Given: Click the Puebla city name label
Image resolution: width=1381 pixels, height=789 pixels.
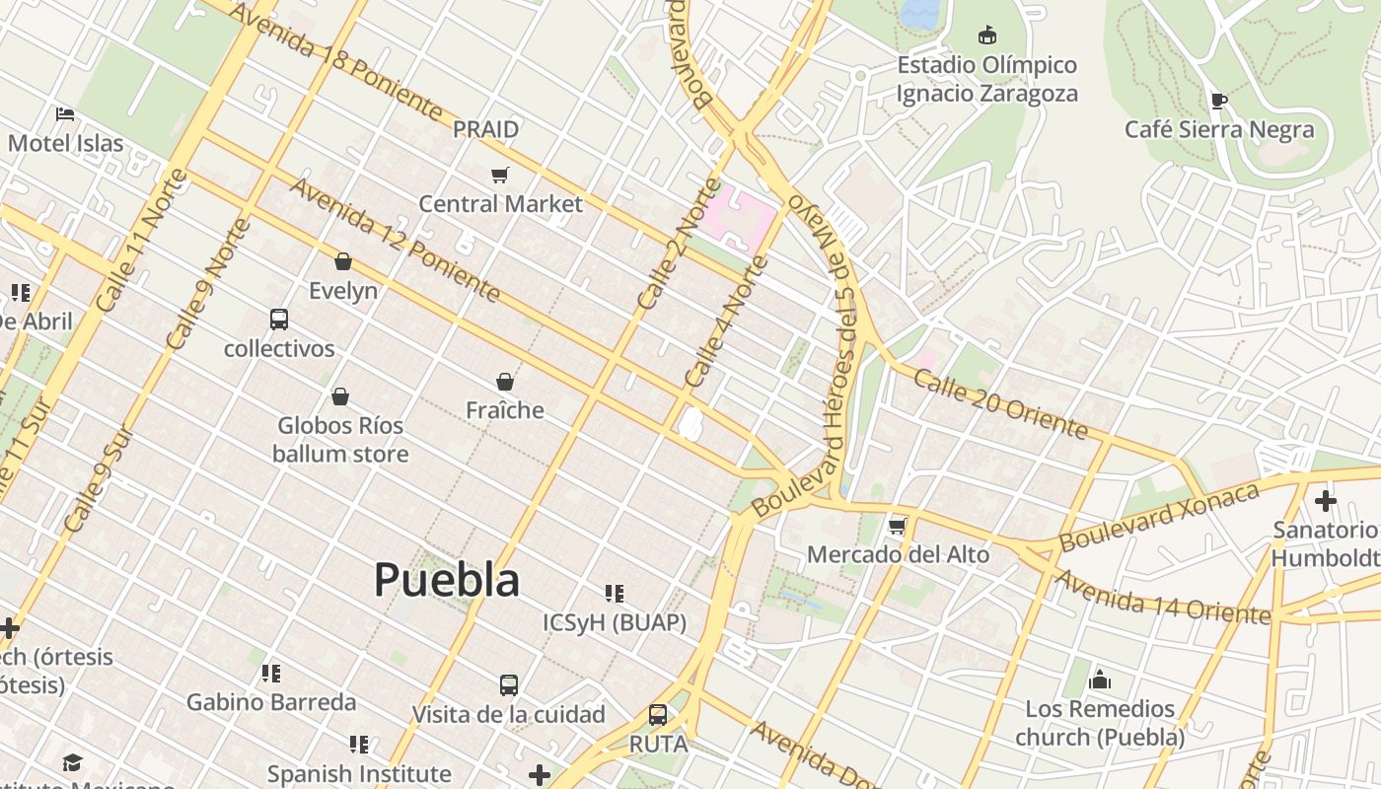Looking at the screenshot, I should (x=447, y=580).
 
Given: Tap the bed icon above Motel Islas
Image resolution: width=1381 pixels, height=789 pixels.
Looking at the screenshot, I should (x=65, y=114).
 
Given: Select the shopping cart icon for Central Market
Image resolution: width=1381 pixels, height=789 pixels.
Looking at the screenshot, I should (x=500, y=176).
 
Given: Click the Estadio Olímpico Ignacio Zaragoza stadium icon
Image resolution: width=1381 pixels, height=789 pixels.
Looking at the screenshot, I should (x=986, y=36).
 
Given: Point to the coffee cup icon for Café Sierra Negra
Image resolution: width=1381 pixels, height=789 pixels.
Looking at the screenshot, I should (x=1219, y=101).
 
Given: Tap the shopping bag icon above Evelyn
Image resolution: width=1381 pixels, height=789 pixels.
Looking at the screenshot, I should (x=343, y=261).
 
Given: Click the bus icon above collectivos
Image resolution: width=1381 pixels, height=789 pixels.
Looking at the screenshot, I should (x=279, y=320).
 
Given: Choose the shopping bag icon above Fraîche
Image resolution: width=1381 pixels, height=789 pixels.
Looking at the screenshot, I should (x=505, y=382).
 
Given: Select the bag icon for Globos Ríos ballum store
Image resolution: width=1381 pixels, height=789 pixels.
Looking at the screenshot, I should (x=340, y=396).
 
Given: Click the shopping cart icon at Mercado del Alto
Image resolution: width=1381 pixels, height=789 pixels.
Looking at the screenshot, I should (x=898, y=526).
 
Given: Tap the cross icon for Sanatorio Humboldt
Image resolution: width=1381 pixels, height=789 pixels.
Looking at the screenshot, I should (x=1325, y=501).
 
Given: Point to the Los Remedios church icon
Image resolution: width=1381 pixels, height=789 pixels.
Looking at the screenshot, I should (x=1100, y=680).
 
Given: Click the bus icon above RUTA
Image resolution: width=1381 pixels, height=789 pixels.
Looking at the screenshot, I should (x=658, y=715).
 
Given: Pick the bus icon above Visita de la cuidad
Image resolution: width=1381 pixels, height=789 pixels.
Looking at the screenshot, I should (x=509, y=685).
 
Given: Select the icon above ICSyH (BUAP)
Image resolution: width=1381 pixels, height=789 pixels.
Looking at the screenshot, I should (x=615, y=594).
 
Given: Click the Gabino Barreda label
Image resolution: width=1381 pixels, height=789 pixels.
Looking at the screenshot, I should (x=271, y=702).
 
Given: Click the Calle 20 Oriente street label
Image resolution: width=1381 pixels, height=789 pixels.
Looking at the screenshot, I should (x=1000, y=404).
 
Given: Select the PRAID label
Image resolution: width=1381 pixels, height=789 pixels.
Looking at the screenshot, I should (x=485, y=129).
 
